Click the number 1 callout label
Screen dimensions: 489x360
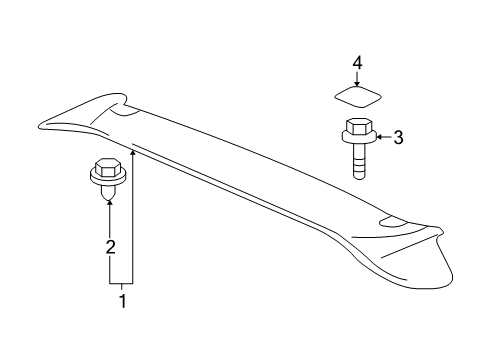pos(123,299)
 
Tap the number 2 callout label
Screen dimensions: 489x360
pos(112,245)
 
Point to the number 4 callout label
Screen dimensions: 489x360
pos(356,64)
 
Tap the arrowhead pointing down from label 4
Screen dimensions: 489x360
pos(356,85)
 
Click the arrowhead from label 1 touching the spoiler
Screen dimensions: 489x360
pos(133,149)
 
